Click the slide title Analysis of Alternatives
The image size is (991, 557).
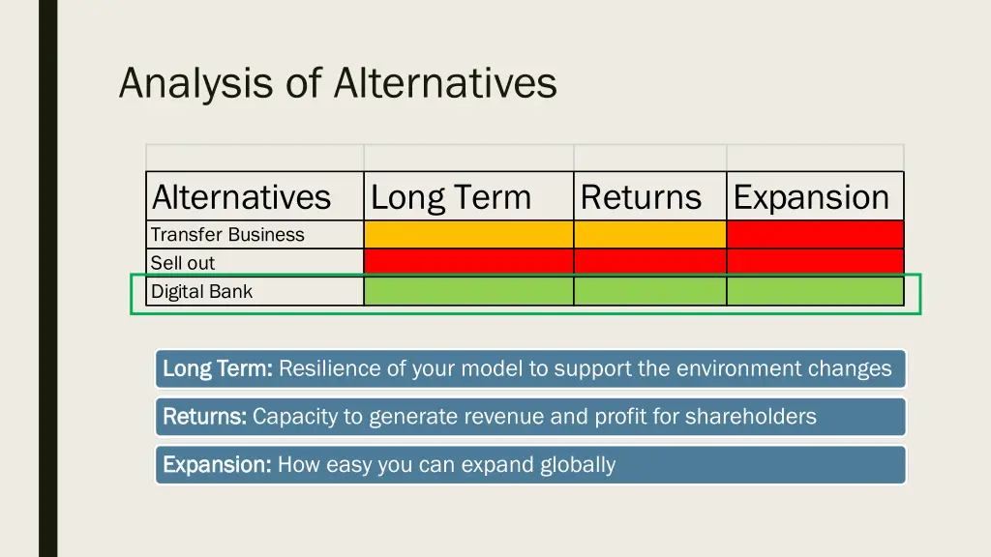pyautogui.click(x=338, y=83)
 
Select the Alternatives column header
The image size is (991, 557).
pyautogui.click(x=242, y=197)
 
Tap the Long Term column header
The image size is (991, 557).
pyautogui.click(x=451, y=197)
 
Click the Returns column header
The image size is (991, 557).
pyautogui.click(x=641, y=197)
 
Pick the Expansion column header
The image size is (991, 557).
pyautogui.click(x=811, y=197)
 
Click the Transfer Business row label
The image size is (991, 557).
pyautogui.click(x=227, y=235)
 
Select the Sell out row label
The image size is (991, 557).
pyautogui.click(x=183, y=263)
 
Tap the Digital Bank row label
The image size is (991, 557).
pyautogui.click(x=201, y=291)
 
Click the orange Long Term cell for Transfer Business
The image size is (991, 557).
pyautogui.click(x=468, y=235)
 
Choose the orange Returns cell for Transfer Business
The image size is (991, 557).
pyautogui.click(x=649, y=235)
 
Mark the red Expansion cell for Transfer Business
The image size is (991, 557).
pyautogui.click(x=815, y=235)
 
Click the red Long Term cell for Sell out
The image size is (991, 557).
pyautogui.click(x=468, y=262)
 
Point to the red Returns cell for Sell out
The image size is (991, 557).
pyautogui.click(x=649, y=262)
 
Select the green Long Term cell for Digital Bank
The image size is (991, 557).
pyautogui.click(x=468, y=291)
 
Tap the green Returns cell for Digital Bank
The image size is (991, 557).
pyautogui.click(x=649, y=291)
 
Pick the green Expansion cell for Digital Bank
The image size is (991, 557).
pyautogui.click(x=815, y=291)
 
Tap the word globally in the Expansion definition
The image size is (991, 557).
pyautogui.click(x=578, y=465)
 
